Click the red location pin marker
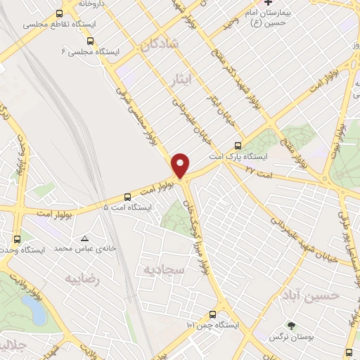pos(181,165)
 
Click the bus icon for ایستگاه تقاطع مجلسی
pos(59,13)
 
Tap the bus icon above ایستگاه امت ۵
pos(127,197)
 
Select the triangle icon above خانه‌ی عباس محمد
pos(85,238)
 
